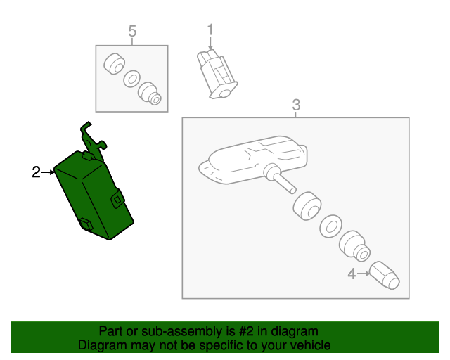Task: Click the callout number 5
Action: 132,31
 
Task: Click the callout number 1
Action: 210,30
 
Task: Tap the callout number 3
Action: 296,105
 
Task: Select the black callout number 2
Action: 36,172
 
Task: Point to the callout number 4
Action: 352,274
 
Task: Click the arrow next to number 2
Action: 48,172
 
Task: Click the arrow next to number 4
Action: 364,274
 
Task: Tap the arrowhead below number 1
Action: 210,47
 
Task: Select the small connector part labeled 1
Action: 217,74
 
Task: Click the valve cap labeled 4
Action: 385,276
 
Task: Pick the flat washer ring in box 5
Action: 132,79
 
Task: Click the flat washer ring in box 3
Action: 330,226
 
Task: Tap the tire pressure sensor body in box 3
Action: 252,160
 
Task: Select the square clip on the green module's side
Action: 117,199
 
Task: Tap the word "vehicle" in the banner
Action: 311,345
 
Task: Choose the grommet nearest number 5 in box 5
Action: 114,63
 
